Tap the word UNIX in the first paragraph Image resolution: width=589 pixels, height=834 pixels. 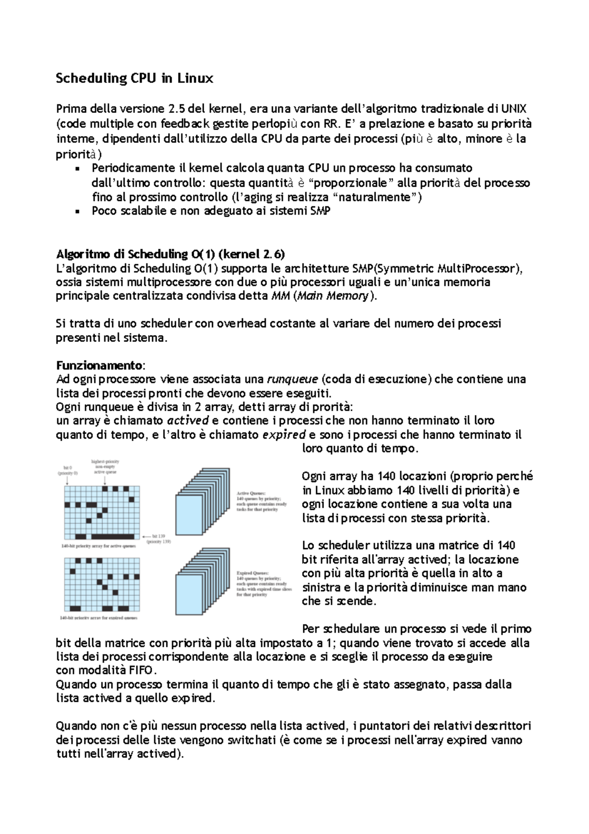(x=513, y=108)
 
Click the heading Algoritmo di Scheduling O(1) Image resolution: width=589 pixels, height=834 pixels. (x=170, y=254)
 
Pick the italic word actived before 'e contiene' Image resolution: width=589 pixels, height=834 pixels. (x=188, y=421)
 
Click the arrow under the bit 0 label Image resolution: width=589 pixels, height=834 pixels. (x=66, y=481)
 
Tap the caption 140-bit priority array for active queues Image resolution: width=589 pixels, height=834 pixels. (x=98, y=546)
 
